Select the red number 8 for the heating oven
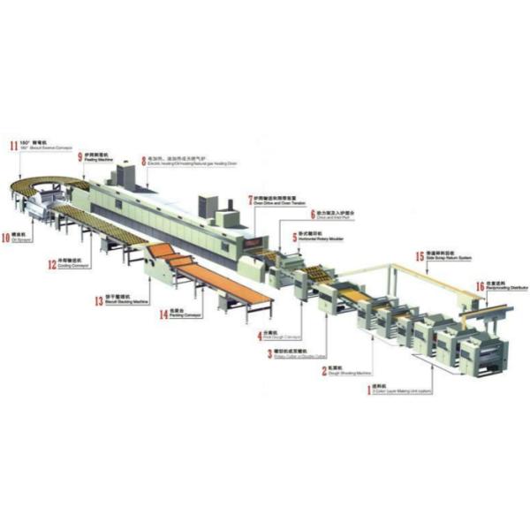[x=144, y=162]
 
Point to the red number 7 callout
[x=250, y=200]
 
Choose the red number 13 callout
[x=98, y=301]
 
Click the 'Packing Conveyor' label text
[x=174, y=315]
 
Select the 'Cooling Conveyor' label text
[x=72, y=267]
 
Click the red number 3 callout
[x=269, y=354]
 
